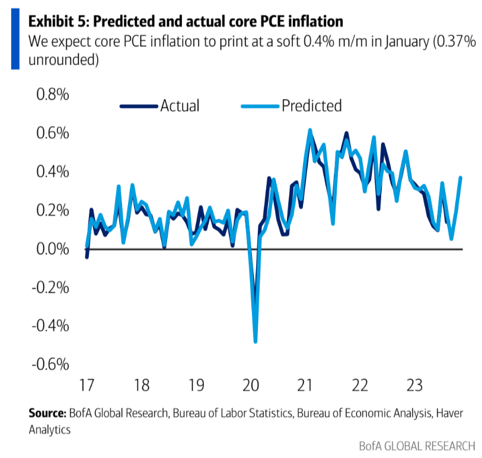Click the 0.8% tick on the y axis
point(54,95)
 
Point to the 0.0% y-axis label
point(54,249)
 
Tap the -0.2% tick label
point(52,288)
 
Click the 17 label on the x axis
point(87,386)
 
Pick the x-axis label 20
point(250,386)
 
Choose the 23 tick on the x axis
point(414,386)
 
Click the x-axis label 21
point(305,386)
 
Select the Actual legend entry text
point(180,106)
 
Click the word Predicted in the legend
point(311,106)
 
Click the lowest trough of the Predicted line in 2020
point(256,341)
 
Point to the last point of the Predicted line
point(461,178)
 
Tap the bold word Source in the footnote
point(47,414)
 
